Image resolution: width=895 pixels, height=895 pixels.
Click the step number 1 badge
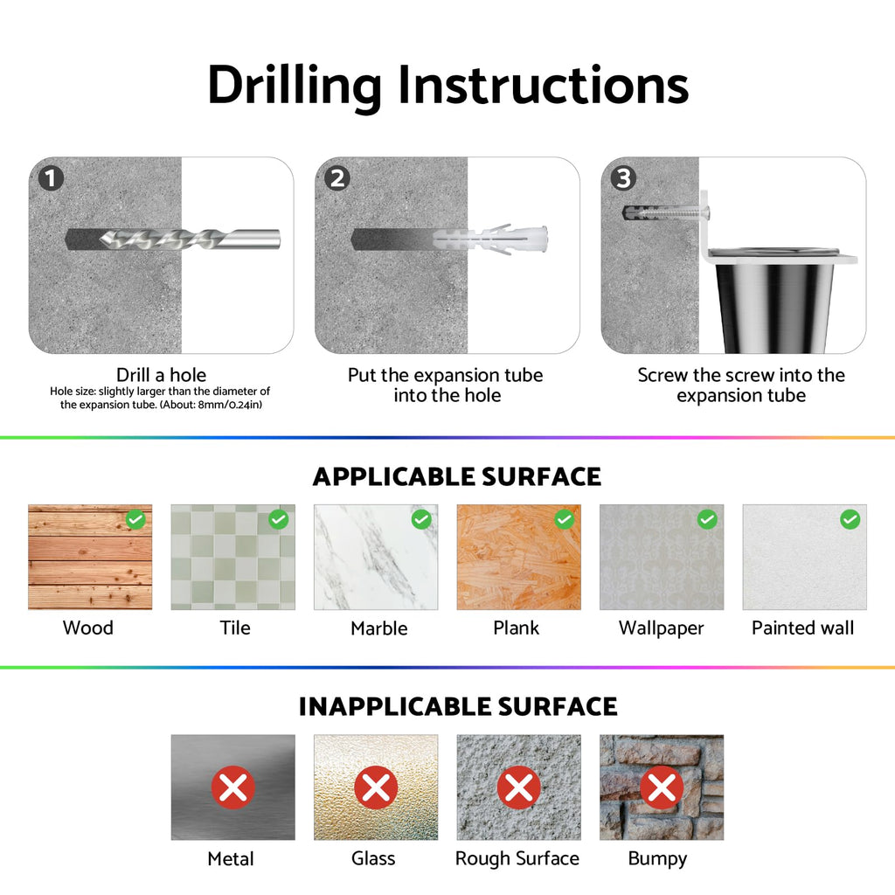tap(51, 178)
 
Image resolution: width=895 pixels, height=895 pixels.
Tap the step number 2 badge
tap(337, 178)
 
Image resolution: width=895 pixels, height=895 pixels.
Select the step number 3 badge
tap(623, 178)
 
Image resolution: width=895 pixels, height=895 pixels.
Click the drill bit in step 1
tap(190, 239)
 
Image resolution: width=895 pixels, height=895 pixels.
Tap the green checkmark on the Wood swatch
tap(135, 519)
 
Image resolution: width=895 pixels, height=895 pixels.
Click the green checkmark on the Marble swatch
tap(421, 519)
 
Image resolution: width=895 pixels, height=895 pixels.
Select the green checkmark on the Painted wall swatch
tap(850, 519)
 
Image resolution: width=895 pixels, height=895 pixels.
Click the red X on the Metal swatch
tap(232, 787)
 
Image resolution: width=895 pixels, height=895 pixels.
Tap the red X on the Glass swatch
tap(376, 787)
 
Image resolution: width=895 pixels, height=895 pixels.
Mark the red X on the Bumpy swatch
tap(662, 787)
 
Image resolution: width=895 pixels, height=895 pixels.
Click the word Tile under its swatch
tap(235, 628)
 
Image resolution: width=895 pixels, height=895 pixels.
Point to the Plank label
tap(516, 628)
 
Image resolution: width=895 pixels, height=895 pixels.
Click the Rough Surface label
tap(517, 858)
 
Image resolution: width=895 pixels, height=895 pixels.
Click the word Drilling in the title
tap(295, 87)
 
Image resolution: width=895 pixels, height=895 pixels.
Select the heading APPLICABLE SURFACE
tap(456, 476)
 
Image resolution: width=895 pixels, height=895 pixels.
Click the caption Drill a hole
tap(161, 375)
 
